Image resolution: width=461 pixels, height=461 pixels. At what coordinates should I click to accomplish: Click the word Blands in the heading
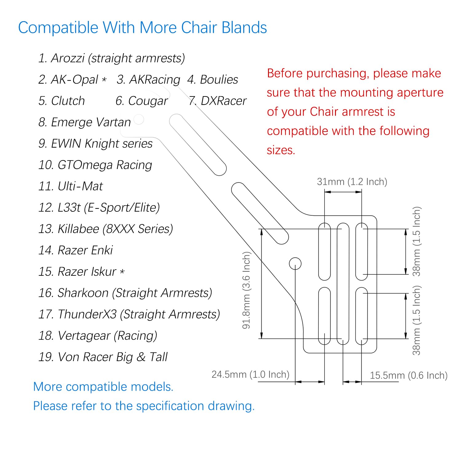tap(244, 28)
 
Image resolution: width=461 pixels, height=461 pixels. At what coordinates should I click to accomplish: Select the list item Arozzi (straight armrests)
tap(112, 58)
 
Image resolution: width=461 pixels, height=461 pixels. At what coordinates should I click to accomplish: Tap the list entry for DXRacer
tap(218, 101)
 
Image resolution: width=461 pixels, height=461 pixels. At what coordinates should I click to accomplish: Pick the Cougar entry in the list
tap(142, 101)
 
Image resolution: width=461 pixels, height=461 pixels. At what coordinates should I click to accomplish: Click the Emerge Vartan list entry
tap(85, 122)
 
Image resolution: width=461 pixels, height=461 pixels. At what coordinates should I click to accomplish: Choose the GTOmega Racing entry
tap(95, 165)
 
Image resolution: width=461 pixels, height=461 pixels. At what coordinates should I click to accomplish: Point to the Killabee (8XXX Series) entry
tap(106, 229)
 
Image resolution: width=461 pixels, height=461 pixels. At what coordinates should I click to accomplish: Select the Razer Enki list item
tap(76, 250)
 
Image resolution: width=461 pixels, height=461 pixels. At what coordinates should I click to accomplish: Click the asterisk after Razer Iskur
tap(122, 272)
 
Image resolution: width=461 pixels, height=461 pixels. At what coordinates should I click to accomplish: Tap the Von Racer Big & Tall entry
tap(103, 357)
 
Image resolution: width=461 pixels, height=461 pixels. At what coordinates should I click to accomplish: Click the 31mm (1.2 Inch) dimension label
tap(352, 182)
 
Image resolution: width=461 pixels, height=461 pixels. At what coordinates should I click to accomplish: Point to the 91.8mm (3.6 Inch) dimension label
tap(246, 290)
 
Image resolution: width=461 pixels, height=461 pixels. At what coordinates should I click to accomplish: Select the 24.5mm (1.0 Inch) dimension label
tap(250, 374)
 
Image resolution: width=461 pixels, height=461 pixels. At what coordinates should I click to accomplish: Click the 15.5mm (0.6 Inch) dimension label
tap(408, 375)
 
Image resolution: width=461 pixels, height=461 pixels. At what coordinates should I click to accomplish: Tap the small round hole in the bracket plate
tap(295, 263)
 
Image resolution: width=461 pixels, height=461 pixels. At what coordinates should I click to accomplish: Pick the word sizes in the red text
tap(281, 150)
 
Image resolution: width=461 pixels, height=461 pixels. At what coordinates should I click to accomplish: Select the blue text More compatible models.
tap(103, 387)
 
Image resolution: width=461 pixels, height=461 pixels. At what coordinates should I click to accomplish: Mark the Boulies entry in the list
tap(213, 80)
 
